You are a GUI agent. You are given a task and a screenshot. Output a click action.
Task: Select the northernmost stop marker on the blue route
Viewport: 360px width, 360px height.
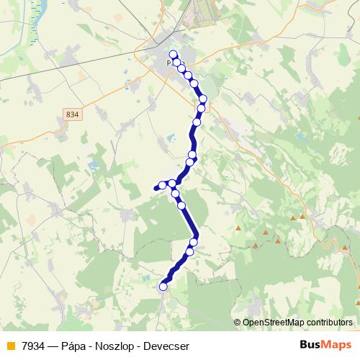point(173,54)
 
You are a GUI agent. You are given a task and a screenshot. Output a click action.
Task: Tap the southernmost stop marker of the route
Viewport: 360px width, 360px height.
point(163,287)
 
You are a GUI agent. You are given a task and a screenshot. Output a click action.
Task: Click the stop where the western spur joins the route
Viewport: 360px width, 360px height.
point(172,184)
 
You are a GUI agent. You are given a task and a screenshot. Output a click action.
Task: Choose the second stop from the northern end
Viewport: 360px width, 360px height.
point(176,62)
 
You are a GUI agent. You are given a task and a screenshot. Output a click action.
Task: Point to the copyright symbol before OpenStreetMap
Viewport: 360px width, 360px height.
point(238,322)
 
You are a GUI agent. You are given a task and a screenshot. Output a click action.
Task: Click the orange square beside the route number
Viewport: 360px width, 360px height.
point(9,346)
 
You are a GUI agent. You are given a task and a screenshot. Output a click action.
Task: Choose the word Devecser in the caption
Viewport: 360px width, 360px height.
point(167,346)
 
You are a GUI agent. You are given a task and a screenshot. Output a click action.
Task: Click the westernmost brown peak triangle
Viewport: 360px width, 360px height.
point(238,228)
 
